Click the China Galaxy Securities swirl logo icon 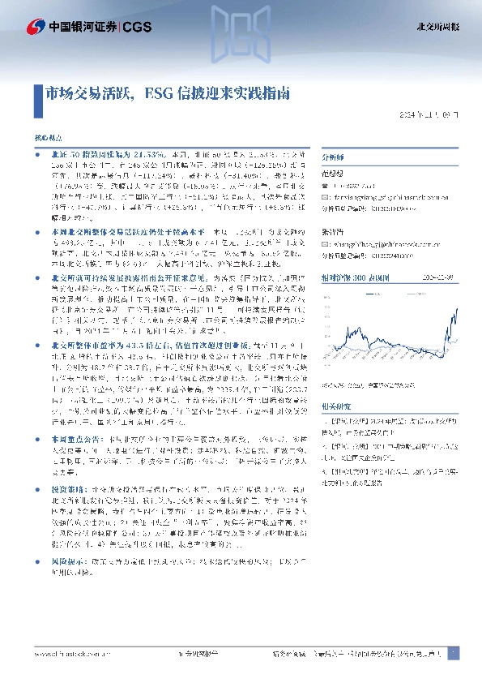[x=35, y=27]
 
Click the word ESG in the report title [x=160, y=93]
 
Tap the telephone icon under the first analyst [x=326, y=186]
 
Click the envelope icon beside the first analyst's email [x=326, y=195]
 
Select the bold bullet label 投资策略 [x=64, y=535]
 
